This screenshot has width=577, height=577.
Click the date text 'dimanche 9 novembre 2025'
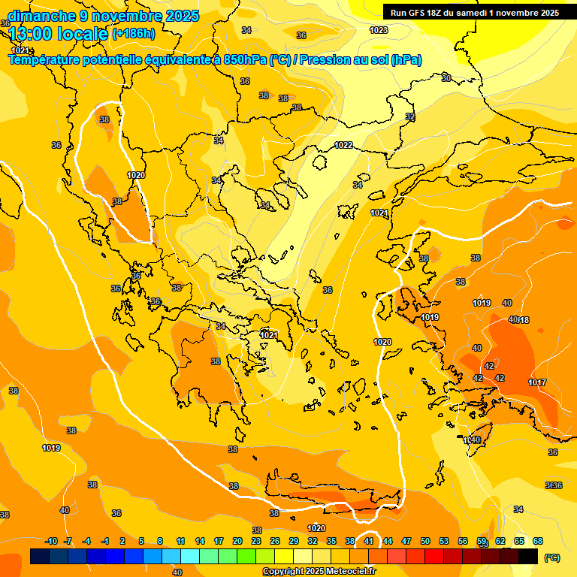[103, 16]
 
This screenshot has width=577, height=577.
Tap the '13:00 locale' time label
[59, 33]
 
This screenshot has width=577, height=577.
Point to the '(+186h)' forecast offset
[133, 33]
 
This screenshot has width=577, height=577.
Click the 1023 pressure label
[379, 30]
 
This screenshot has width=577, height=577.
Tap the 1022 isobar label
[343, 145]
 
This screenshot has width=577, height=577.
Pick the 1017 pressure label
[536, 382]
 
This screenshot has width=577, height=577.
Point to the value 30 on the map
[446, 78]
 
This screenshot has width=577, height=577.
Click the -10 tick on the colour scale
[52, 541]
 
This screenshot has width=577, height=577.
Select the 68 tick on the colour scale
[538, 541]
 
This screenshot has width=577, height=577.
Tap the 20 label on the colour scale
[237, 541]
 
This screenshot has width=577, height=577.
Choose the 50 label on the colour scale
[425, 541]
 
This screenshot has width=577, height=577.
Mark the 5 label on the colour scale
[142, 541]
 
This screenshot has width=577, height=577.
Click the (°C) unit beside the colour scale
[552, 557]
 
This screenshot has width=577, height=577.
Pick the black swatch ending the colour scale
[528, 556]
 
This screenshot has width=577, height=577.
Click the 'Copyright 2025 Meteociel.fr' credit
[319, 571]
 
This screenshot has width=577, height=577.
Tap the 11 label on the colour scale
[181, 541]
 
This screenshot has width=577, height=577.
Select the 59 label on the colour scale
[482, 541]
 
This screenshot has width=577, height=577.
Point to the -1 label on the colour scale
[105, 541]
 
